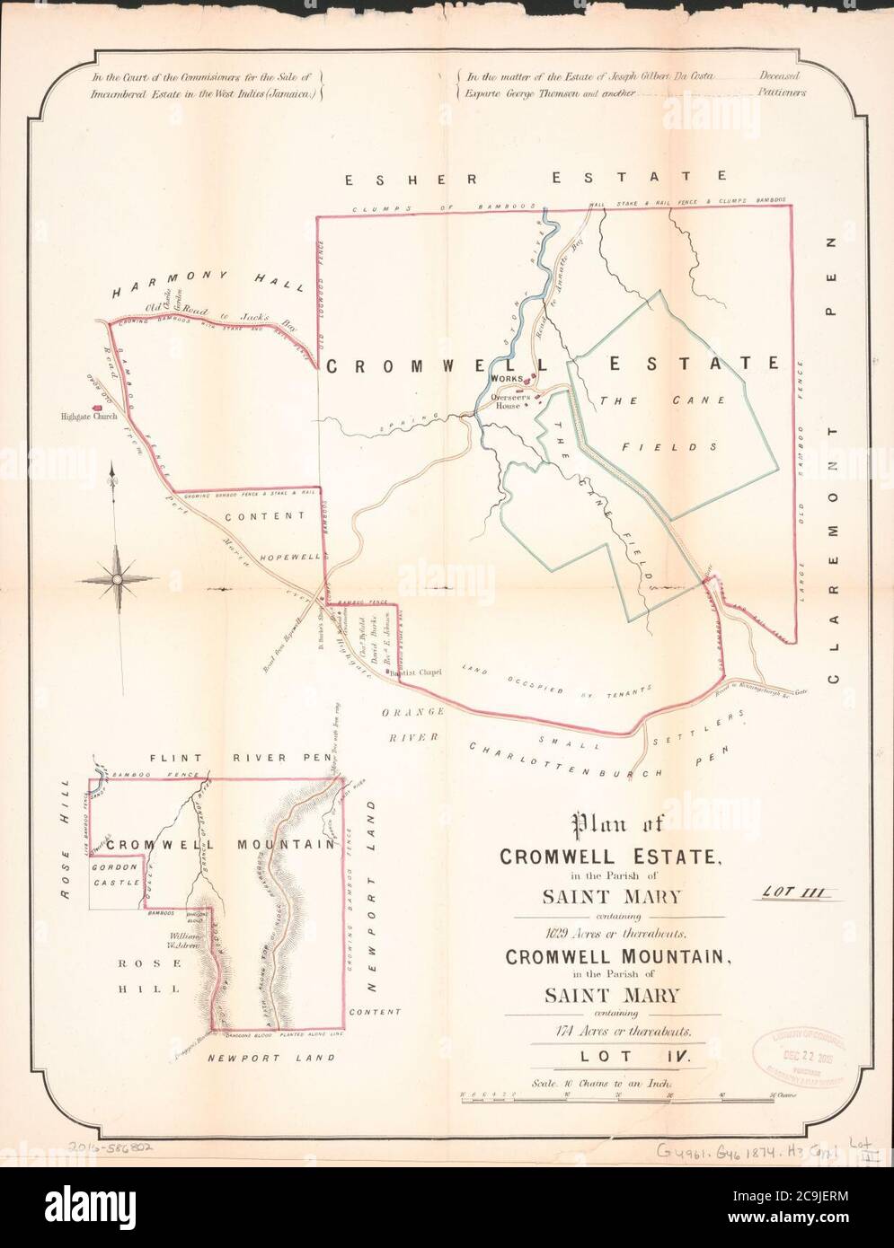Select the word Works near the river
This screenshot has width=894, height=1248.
pos(507,380)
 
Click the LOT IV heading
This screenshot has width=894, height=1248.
pos(620,1057)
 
